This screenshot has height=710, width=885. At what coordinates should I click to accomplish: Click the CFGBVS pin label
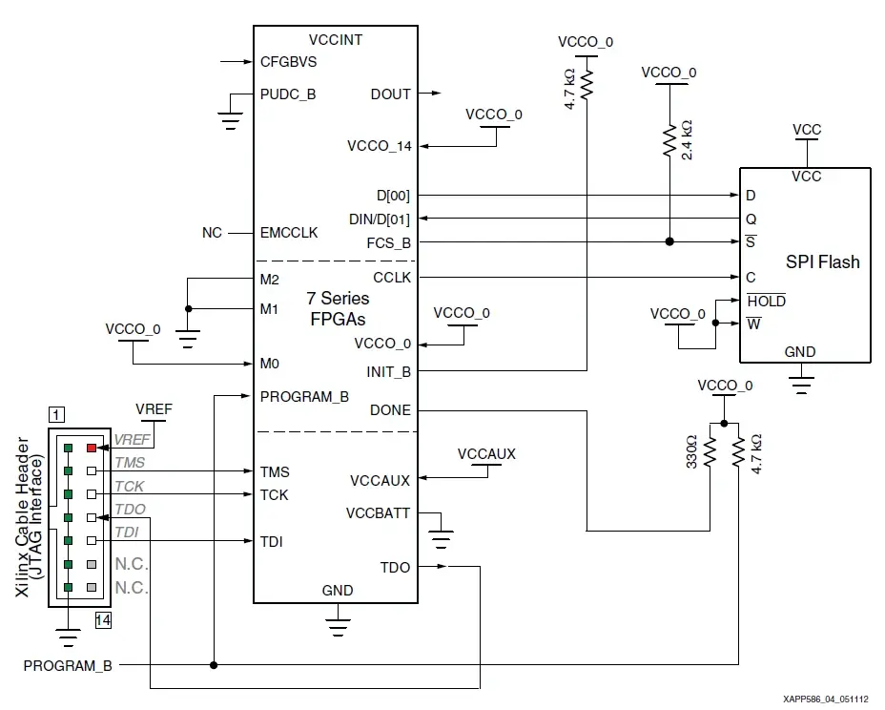tap(288, 62)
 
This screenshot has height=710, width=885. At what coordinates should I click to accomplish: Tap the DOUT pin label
tap(390, 94)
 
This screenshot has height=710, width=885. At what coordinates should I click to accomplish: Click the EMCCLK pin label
tap(289, 233)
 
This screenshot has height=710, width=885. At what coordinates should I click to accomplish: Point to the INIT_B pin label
tap(388, 370)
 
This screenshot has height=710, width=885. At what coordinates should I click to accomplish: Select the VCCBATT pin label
tap(379, 513)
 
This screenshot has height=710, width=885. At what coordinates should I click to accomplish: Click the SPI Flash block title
tap(822, 261)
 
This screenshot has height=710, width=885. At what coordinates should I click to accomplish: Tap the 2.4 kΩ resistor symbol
tap(669, 140)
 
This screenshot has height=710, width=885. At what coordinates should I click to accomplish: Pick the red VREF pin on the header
tap(92, 447)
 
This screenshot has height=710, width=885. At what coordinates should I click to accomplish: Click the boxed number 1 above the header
tap(58, 414)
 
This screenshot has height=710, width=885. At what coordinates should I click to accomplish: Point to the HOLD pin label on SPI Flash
tap(766, 301)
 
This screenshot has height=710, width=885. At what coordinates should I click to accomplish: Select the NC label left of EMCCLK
tap(212, 233)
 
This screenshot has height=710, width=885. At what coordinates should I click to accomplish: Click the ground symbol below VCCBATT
tap(441, 539)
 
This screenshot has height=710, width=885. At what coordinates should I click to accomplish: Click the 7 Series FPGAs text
tap(337, 308)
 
